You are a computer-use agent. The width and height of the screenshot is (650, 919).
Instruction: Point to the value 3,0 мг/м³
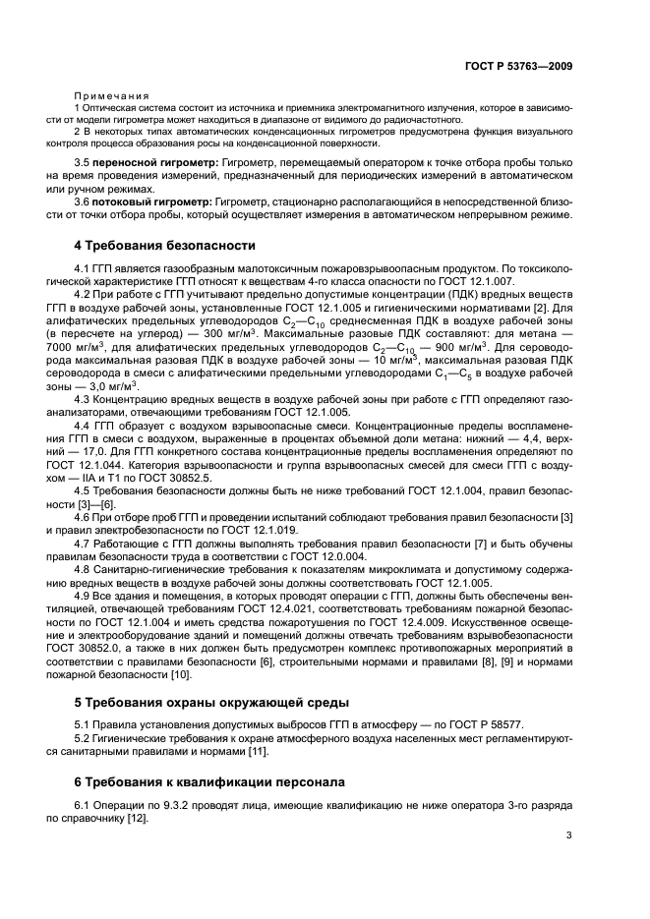point(114,386)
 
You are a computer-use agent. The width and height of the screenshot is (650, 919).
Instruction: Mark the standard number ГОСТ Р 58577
point(492,725)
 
